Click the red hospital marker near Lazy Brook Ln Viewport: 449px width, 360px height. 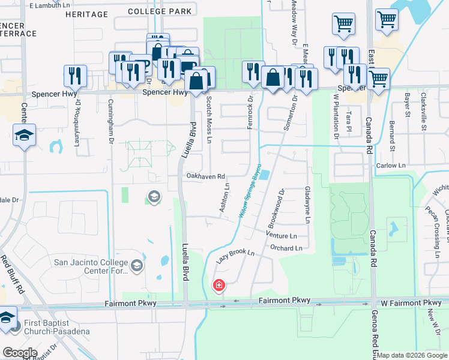[219, 285]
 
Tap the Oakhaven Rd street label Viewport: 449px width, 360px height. [205, 176]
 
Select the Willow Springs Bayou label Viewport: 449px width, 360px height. [252, 190]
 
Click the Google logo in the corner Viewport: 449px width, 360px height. [20, 353]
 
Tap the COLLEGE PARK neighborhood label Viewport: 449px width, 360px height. [160, 11]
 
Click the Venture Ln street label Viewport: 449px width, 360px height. [281, 236]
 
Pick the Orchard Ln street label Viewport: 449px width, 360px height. [289, 247]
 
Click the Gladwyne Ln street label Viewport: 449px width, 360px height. [307, 204]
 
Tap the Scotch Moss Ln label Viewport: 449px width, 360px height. [209, 119]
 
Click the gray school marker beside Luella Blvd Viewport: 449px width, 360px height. [154, 197]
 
